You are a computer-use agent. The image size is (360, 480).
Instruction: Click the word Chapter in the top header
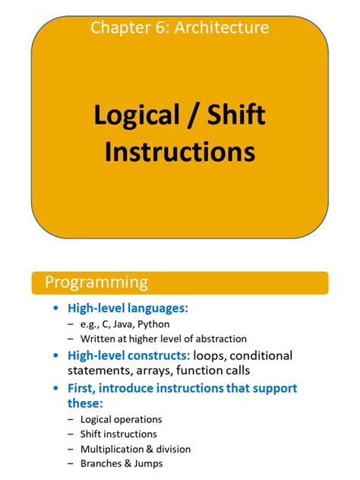[116, 28]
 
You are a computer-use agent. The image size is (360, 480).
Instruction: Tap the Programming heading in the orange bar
[96, 283]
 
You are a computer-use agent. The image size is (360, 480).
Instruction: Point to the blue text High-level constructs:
[129, 355]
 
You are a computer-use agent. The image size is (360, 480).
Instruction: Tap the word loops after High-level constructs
[210, 355]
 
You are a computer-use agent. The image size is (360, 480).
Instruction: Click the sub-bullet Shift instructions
[117, 434]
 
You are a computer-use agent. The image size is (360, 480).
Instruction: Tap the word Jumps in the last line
[147, 463]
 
